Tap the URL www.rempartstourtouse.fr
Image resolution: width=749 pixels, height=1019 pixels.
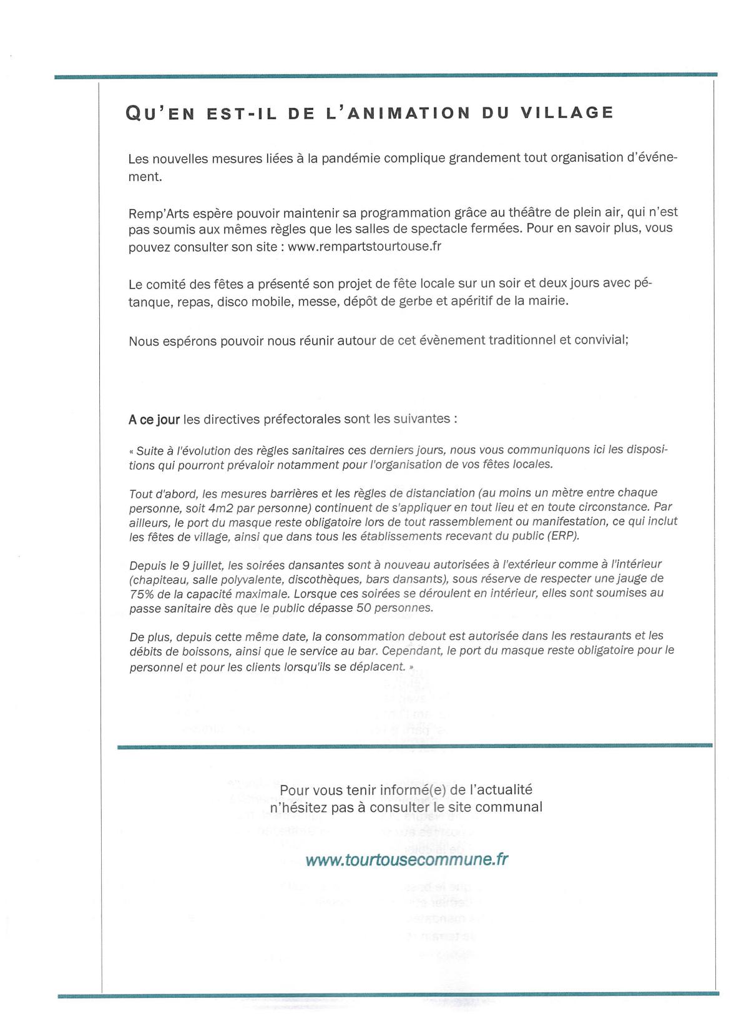tap(365, 246)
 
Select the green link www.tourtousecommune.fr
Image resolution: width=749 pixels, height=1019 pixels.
tap(406, 860)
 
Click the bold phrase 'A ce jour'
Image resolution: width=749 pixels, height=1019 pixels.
tap(154, 419)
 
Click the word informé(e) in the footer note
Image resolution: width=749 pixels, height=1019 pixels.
tap(411, 790)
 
